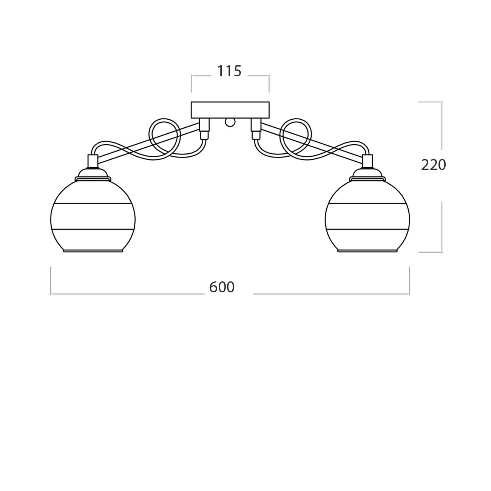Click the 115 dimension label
[229, 71]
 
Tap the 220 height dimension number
[433, 165]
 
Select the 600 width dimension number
[222, 287]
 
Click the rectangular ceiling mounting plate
[230, 110]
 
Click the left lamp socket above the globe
[93, 161]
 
